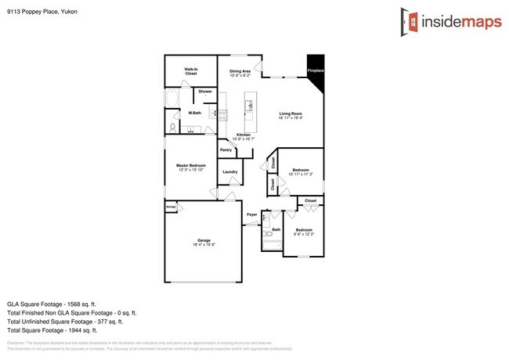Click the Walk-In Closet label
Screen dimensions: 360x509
tap(190, 71)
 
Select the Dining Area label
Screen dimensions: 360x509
tap(240, 74)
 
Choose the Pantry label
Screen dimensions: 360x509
tap(226, 149)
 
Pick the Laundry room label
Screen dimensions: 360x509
tap(229, 171)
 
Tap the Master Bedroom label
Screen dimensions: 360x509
tap(190, 167)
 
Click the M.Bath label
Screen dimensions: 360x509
tap(196, 114)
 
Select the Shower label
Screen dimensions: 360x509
tap(204, 92)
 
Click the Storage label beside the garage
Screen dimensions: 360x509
tap(170, 207)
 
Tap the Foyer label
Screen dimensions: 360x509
tap(251, 214)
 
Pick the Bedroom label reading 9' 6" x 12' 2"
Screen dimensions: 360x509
tap(304, 232)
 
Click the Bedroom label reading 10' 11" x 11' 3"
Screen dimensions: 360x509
tap(301, 171)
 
